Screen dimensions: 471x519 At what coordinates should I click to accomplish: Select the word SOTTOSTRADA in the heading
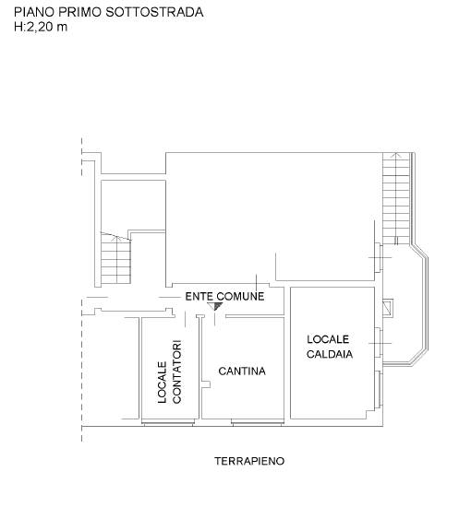154,12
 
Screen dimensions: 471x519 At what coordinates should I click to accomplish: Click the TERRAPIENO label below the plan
249,461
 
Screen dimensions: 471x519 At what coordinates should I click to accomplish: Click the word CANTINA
242,372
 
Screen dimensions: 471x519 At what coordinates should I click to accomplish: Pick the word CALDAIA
330,354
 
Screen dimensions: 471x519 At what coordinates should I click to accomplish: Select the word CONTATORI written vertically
176,372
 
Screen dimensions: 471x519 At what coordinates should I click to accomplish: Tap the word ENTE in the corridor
199,296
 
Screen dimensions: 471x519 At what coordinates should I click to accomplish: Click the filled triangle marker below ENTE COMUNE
215,306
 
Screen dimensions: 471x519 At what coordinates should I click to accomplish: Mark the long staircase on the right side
396,198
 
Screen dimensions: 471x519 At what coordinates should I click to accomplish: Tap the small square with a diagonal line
388,308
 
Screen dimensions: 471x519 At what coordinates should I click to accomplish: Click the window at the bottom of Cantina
258,422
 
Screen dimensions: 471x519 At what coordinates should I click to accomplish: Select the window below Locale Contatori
168,422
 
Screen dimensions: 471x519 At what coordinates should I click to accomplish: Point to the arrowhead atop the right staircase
394,155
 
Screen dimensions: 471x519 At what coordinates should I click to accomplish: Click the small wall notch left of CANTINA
206,384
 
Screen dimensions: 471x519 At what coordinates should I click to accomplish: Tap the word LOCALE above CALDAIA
328,339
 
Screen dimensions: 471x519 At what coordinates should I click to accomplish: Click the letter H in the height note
18,27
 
